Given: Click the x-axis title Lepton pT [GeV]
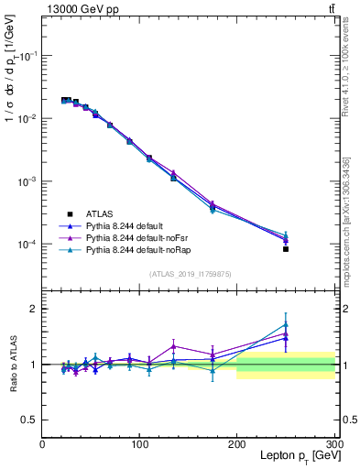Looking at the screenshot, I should (297, 455).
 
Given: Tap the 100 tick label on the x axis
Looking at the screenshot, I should (140, 443).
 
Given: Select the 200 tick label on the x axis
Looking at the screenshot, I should (237, 443).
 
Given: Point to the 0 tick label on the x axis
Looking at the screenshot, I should (43, 443).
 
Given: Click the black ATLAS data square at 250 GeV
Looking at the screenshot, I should (286, 249).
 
